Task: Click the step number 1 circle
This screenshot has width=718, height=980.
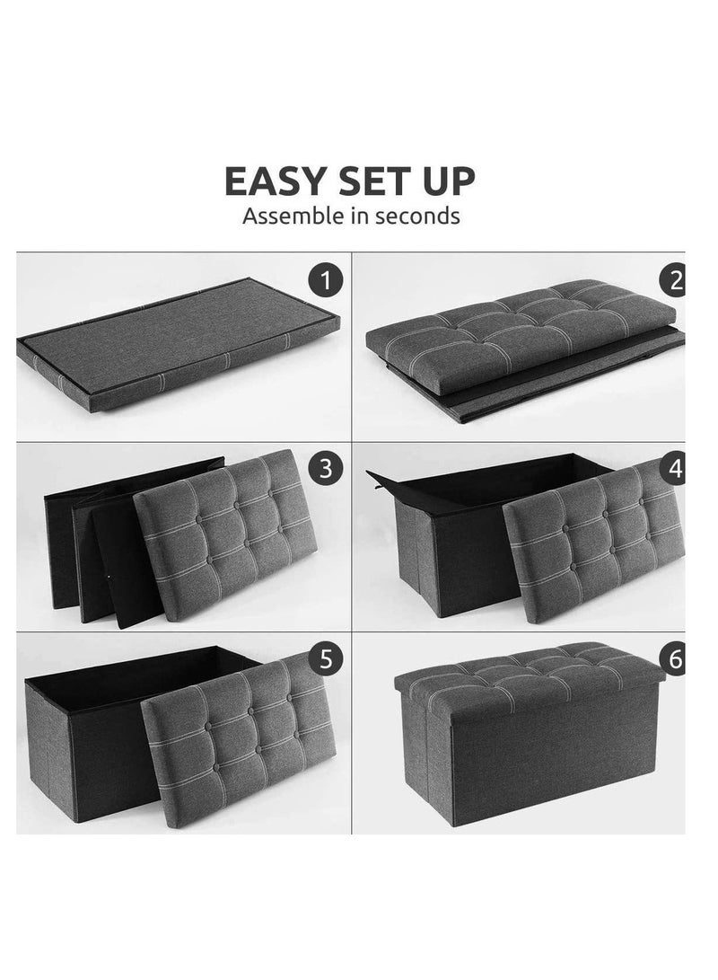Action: (x=325, y=280)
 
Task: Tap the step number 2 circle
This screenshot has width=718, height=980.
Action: (x=674, y=280)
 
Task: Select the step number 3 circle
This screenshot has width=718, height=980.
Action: (x=325, y=467)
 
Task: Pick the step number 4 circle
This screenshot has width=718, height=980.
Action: (x=674, y=467)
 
